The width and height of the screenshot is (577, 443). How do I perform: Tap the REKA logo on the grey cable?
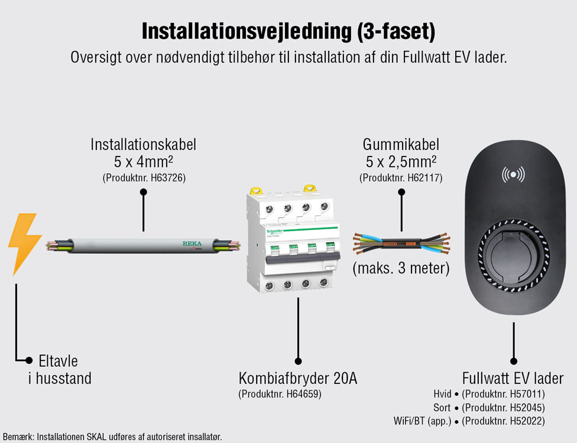point(192,243)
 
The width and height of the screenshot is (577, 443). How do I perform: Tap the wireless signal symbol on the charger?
point(513,174)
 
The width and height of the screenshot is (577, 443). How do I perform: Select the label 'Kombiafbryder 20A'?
point(298,378)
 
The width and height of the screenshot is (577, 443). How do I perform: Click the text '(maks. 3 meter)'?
point(401,268)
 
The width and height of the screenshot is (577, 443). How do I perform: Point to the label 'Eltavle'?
point(58,361)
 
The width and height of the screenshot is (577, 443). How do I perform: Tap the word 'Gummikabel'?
point(401,144)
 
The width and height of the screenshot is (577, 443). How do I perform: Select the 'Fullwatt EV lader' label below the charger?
point(513,378)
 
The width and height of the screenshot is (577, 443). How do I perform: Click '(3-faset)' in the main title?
point(396,31)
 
